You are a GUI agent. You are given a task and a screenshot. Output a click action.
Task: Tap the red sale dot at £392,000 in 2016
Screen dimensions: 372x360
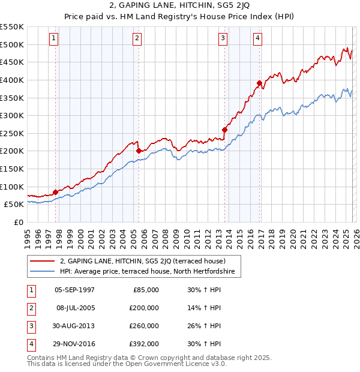[259, 83]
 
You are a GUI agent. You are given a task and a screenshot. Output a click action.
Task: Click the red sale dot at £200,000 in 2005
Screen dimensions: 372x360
[139, 151]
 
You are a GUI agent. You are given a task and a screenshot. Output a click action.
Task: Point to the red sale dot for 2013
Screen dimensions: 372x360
[225, 130]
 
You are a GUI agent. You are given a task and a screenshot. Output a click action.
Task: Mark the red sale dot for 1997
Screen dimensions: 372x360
[55, 192]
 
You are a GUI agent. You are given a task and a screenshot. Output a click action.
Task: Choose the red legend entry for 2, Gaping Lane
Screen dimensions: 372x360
[142, 261]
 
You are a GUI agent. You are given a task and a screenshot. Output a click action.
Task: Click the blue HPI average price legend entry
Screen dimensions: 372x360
[150, 272]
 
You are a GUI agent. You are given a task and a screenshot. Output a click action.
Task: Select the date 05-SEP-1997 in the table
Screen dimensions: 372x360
[74, 290]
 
